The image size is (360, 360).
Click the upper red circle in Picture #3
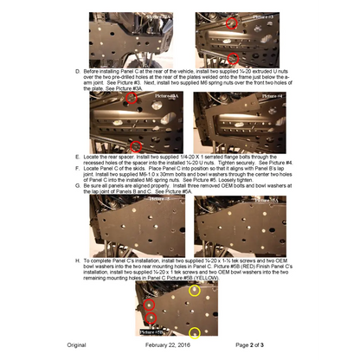(231, 23)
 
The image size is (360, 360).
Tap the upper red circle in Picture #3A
(132, 100)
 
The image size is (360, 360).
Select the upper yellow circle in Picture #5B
(195, 291)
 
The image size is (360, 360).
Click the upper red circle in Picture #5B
(148, 305)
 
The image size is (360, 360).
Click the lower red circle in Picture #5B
(148, 319)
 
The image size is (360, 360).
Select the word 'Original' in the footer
(76, 345)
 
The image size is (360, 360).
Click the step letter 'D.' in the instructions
(79, 70)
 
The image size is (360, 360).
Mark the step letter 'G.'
(79, 185)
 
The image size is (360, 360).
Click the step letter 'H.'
(79, 260)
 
